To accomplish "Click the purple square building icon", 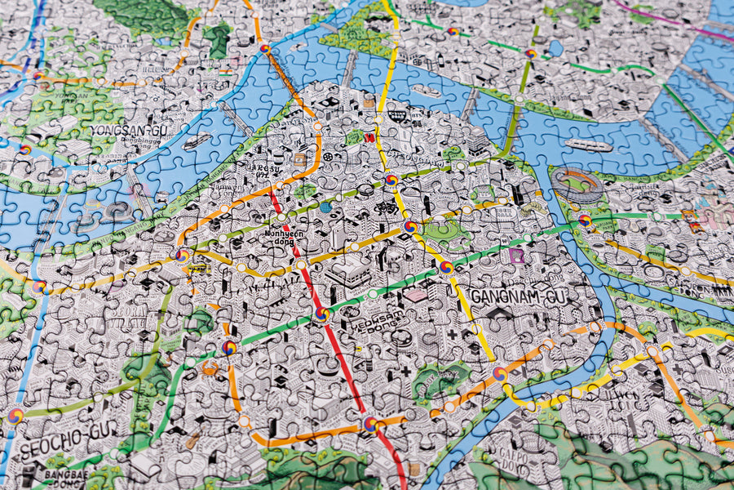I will [515, 256].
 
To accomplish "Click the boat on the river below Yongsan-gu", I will [196, 141].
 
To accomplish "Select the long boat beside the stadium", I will [588, 145].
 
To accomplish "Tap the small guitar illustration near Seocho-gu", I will [192, 441].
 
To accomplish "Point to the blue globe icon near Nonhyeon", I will [325, 207].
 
